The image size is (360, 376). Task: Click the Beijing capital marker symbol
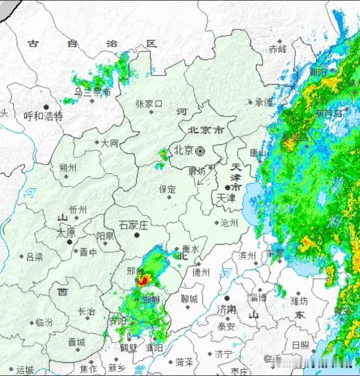point(200,150)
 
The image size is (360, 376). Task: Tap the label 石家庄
point(133,225)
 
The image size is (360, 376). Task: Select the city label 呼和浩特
point(43,116)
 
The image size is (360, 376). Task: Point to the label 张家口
point(149,104)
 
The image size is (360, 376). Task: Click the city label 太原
point(65,233)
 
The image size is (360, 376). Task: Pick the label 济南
point(226,309)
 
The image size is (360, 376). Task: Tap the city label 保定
point(167,190)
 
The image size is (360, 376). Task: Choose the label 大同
point(109,143)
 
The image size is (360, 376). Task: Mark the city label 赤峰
point(278,49)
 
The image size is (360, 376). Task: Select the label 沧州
point(228,223)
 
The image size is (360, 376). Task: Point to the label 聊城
point(189,299)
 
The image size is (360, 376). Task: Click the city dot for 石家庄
point(136,235)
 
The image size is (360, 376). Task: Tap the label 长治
point(86,311)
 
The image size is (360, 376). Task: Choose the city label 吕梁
point(35,257)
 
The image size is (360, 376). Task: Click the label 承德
point(264,102)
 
